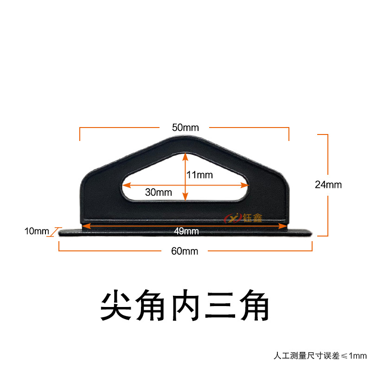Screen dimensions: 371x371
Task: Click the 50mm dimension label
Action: point(185,128)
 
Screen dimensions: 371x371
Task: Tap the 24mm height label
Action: point(328,185)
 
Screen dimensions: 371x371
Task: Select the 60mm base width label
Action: point(185,251)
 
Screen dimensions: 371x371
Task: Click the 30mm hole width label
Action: point(158,192)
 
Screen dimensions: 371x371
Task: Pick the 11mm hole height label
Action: point(199,175)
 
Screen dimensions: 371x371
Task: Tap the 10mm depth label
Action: point(37,231)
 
